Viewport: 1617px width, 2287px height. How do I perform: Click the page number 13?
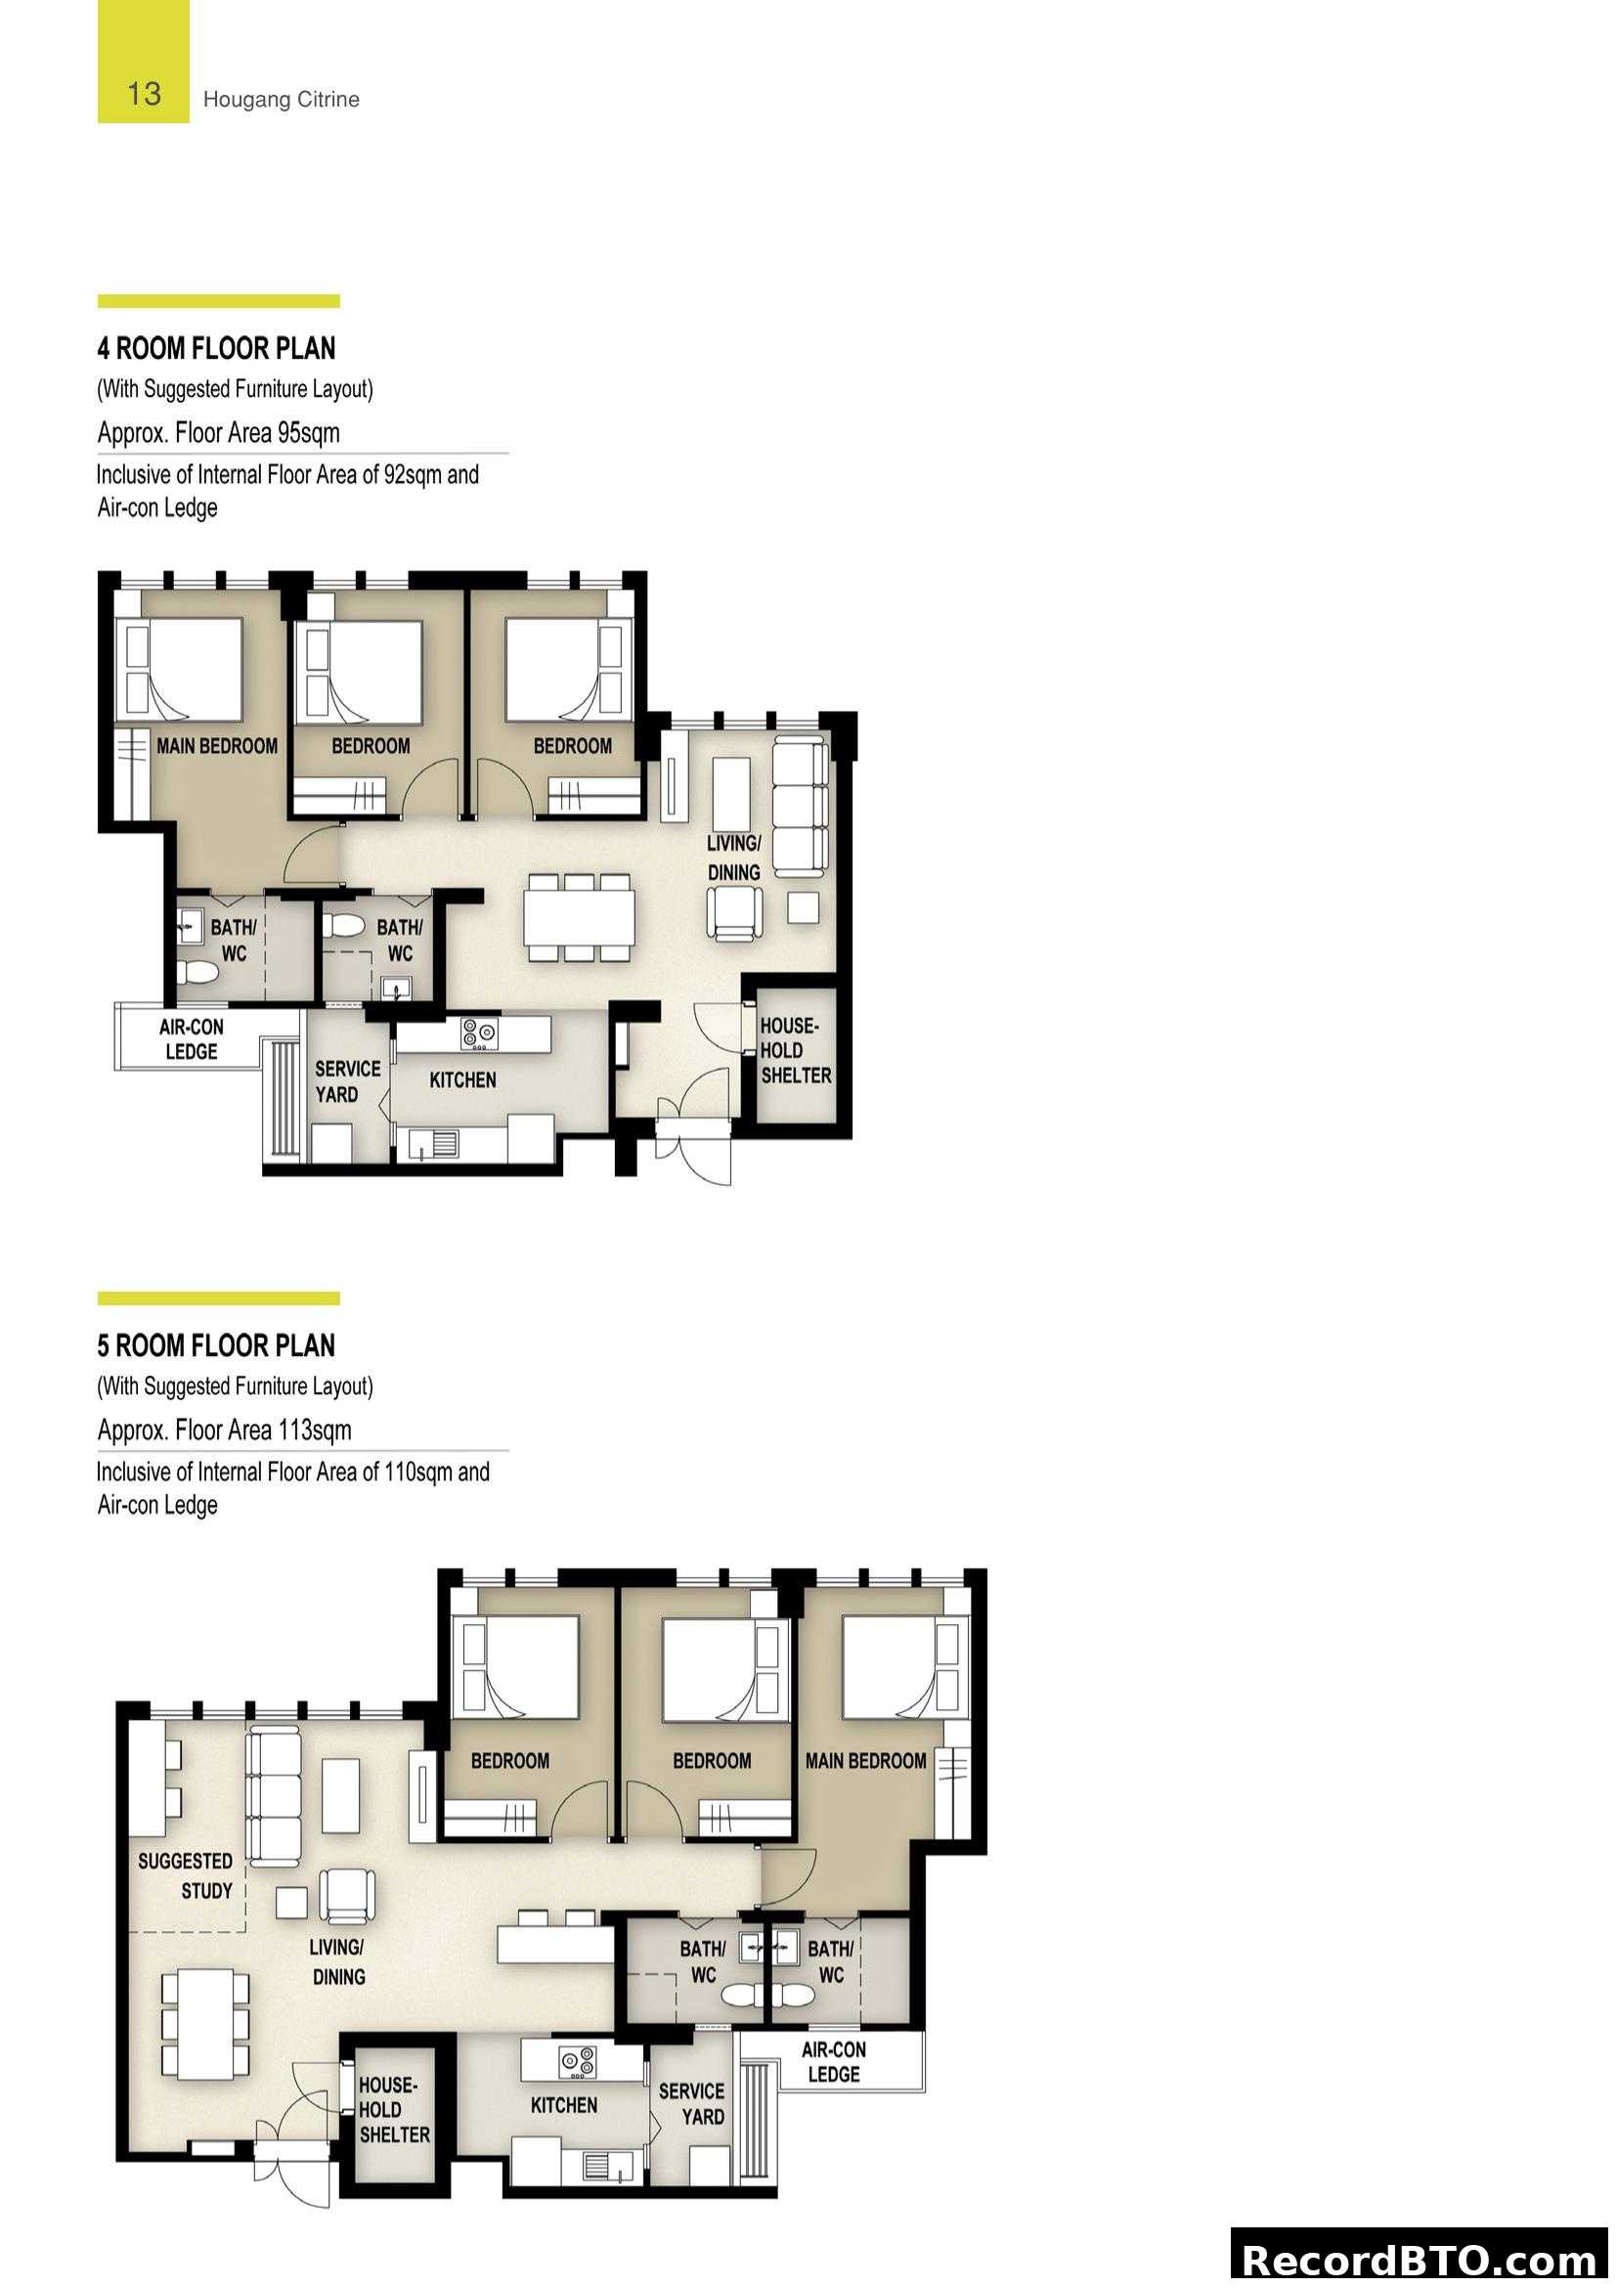(144, 94)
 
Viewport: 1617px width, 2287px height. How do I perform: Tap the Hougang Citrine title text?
(281, 100)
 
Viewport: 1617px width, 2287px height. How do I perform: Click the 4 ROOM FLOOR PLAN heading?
(216, 349)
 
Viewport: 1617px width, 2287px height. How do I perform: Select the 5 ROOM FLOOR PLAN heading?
(216, 1345)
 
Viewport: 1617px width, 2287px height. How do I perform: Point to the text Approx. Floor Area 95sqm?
(218, 432)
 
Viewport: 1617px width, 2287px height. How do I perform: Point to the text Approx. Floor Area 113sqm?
(224, 1429)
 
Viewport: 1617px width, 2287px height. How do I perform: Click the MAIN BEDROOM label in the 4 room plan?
(216, 746)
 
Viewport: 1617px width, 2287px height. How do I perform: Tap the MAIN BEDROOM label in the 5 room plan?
(865, 1760)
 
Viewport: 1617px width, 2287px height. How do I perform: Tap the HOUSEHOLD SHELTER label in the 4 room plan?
(795, 1050)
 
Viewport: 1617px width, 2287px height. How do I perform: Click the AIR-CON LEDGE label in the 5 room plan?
(833, 2061)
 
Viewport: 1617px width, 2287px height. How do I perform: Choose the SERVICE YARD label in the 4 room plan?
(346, 1080)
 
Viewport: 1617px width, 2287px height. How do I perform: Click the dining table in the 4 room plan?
(580, 916)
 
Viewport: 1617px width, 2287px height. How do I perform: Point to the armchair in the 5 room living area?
(347, 1895)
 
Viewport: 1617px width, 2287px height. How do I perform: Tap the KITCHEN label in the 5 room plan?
(563, 2105)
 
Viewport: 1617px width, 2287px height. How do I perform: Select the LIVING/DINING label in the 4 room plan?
(734, 857)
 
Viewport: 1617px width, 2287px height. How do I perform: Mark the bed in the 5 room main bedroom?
(892, 1668)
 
